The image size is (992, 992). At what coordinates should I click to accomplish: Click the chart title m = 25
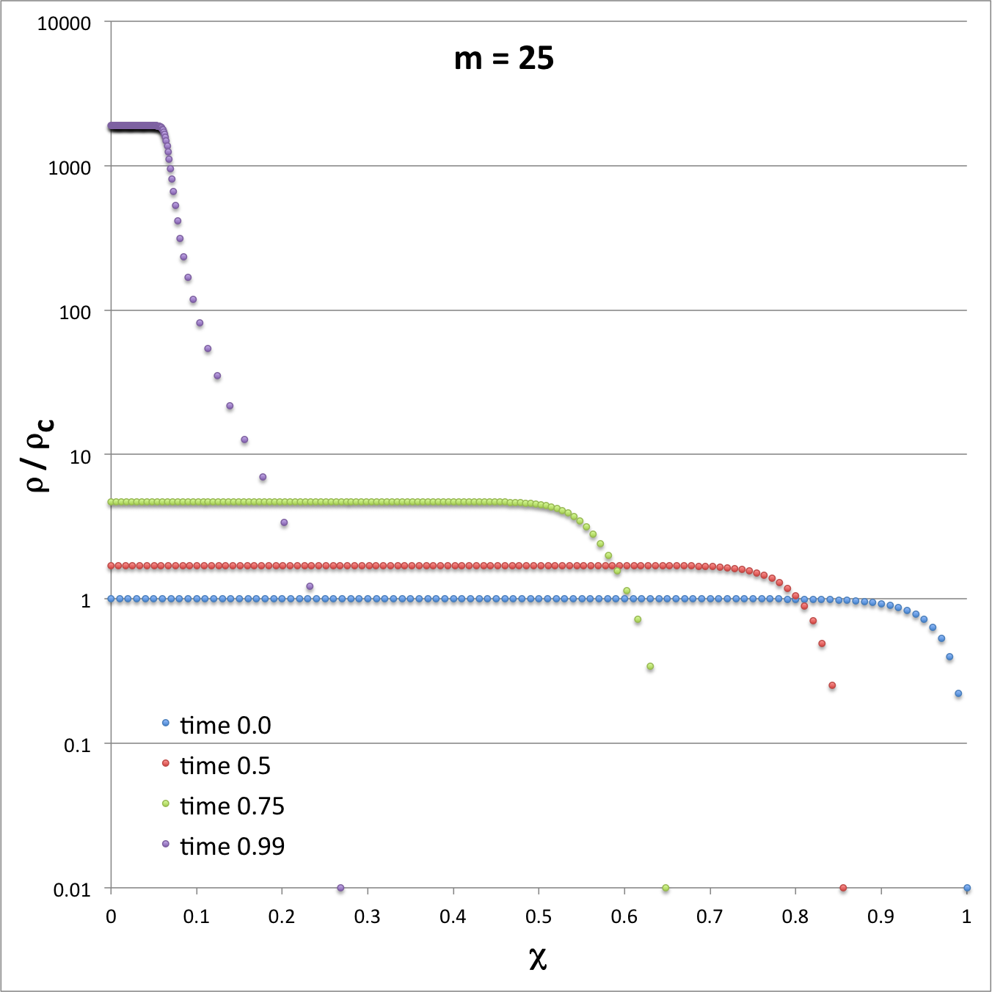(503, 59)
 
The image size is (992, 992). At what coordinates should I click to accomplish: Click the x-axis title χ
(538, 958)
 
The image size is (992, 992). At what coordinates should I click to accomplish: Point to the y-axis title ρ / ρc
(39, 455)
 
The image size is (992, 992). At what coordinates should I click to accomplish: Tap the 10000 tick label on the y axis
(64, 23)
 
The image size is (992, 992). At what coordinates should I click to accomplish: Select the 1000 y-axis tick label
(69, 168)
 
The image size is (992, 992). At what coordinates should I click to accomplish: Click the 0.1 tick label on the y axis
(77, 745)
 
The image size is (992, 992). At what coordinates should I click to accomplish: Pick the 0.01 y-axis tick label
(72, 890)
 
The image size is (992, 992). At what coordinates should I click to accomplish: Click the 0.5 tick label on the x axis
(539, 916)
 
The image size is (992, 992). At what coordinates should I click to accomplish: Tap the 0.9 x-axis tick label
(880, 916)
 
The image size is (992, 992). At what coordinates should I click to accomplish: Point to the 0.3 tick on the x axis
(368, 916)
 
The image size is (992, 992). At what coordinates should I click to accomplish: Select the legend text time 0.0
(225, 726)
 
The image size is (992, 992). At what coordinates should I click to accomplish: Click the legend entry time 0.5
(225, 766)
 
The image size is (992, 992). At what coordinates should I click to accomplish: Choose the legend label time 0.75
(232, 806)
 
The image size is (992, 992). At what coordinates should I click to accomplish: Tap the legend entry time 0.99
(232, 847)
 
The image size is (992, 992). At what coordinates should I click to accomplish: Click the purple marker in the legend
(166, 844)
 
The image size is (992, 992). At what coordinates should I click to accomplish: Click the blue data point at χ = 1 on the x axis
(967, 888)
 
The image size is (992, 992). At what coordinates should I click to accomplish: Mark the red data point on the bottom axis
(843, 888)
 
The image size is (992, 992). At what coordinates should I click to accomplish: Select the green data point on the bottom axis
(665, 888)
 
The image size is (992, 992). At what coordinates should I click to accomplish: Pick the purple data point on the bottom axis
(340, 888)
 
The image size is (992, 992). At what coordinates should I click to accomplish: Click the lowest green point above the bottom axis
(650, 667)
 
